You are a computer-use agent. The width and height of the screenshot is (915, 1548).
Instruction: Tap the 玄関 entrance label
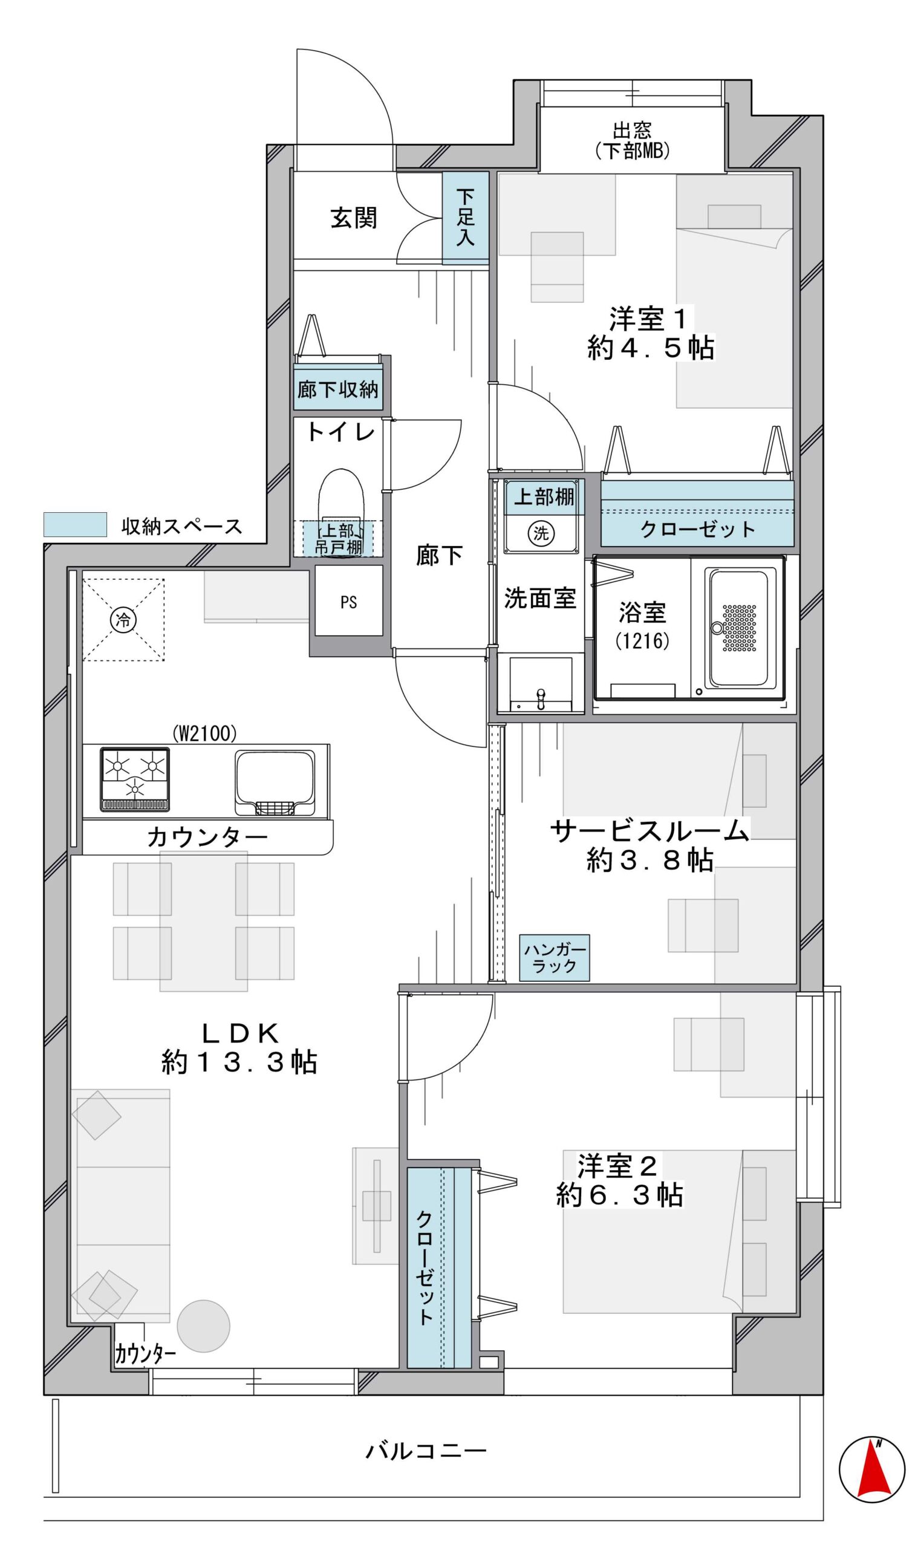tap(353, 218)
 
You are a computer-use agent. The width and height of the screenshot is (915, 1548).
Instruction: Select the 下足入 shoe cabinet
tap(466, 218)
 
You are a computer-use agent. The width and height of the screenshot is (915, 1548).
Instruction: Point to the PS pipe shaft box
tap(348, 601)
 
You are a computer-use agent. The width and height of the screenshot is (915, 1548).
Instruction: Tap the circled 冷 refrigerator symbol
tap(123, 620)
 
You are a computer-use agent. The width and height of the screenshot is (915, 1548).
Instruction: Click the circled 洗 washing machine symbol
tap(541, 533)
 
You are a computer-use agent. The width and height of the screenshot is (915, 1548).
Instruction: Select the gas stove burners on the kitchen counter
tap(134, 779)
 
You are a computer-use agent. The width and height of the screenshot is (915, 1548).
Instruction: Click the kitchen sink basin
tap(275, 783)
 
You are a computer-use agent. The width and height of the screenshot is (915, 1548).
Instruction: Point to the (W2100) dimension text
tap(204, 733)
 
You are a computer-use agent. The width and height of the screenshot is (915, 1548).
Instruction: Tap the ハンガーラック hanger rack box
tap(555, 958)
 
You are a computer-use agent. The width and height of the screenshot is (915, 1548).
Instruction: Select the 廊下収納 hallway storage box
tap(338, 389)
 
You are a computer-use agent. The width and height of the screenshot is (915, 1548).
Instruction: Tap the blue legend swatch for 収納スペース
tap(74, 525)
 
